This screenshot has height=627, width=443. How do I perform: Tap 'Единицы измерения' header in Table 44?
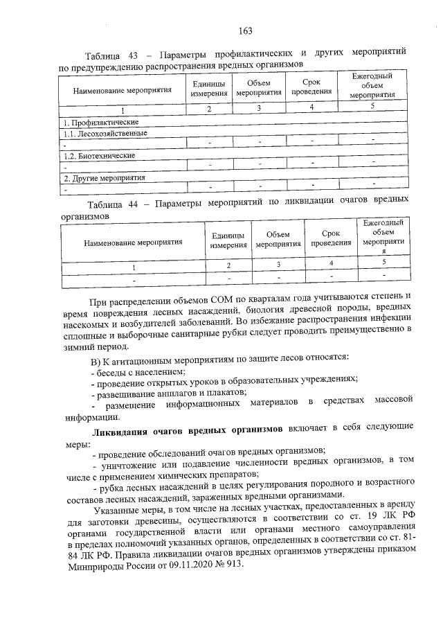(x=228, y=240)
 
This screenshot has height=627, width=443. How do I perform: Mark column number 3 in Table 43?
(x=259, y=108)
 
